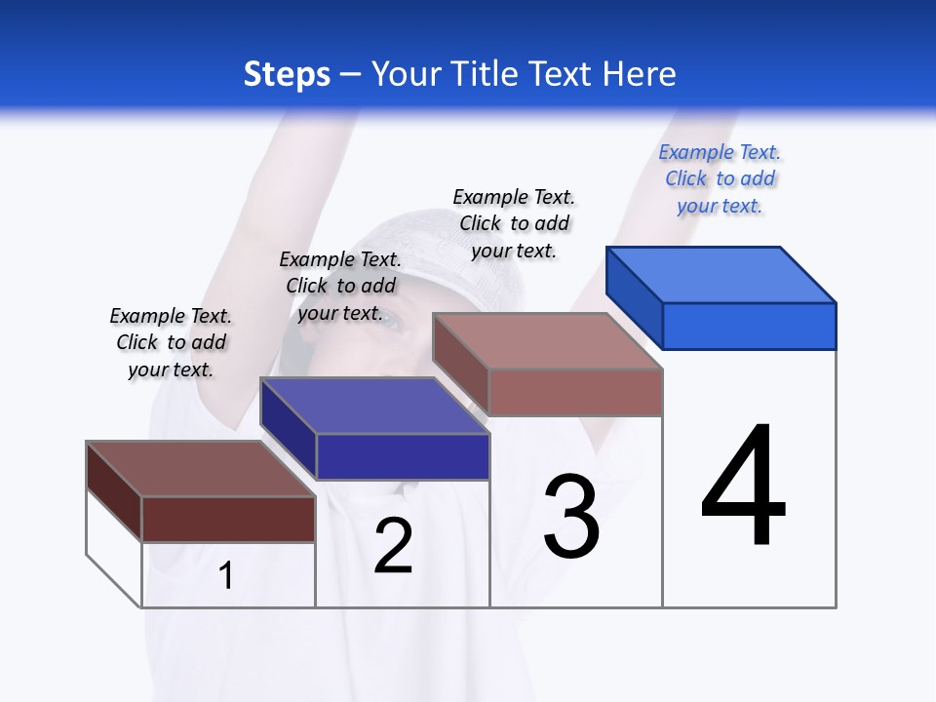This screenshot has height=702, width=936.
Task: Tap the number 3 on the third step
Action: point(571,517)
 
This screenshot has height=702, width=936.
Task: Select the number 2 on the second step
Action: point(393,546)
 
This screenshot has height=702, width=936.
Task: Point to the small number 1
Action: point(226,576)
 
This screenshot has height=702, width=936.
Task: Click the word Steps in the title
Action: point(287,74)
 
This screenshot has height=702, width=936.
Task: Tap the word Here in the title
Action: point(640,74)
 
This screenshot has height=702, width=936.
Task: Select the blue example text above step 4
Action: point(720,179)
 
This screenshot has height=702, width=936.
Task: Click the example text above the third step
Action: point(514,223)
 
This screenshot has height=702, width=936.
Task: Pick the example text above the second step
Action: point(340,286)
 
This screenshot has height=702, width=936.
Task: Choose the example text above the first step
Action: point(171,342)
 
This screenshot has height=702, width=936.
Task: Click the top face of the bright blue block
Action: point(721,274)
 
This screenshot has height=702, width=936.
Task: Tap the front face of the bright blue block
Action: point(749,326)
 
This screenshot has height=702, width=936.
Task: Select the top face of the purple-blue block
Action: point(374,405)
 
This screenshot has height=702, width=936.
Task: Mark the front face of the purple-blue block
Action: point(403,456)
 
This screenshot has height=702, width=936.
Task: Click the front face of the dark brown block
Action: point(228,519)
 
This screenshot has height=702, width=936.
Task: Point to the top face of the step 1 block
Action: point(200,468)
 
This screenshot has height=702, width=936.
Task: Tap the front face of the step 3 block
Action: point(575,392)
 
